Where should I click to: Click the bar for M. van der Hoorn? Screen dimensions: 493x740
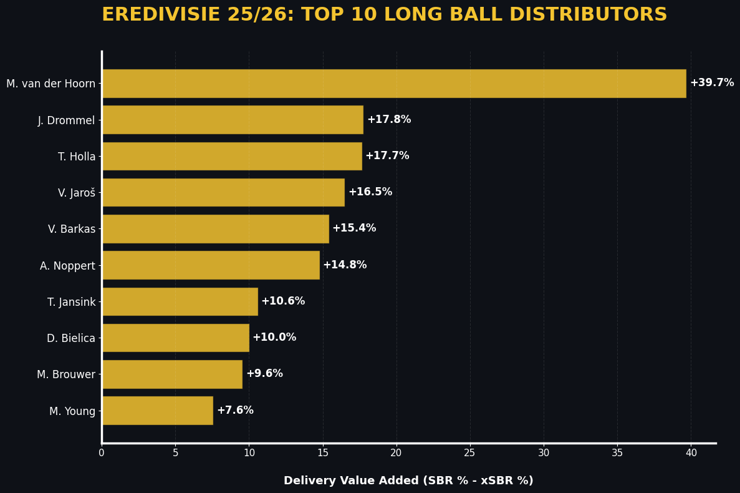(x=393, y=84)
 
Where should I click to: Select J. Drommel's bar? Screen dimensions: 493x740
(x=232, y=120)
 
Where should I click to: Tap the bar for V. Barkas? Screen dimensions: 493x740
(x=215, y=229)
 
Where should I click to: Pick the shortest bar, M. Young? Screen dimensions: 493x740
(x=157, y=411)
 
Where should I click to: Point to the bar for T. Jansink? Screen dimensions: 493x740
(x=180, y=301)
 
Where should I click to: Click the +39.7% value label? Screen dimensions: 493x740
(x=711, y=83)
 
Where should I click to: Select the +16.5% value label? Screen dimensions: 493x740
(x=370, y=192)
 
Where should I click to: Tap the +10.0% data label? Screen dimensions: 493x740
(x=274, y=338)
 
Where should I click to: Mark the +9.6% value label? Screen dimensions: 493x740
(x=264, y=374)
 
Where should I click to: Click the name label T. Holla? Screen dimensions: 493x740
(x=77, y=157)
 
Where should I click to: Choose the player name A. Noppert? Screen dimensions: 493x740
(x=67, y=266)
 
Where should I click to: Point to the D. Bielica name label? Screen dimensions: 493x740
(x=71, y=338)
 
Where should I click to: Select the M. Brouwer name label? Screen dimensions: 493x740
(x=66, y=374)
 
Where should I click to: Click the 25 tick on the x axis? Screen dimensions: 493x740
(x=469, y=453)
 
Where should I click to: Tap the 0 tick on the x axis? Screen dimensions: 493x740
(x=102, y=453)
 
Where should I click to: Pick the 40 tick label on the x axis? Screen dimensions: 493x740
(x=691, y=453)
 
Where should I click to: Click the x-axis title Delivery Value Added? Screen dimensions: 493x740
(x=408, y=481)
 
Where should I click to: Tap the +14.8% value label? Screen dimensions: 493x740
(x=345, y=265)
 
